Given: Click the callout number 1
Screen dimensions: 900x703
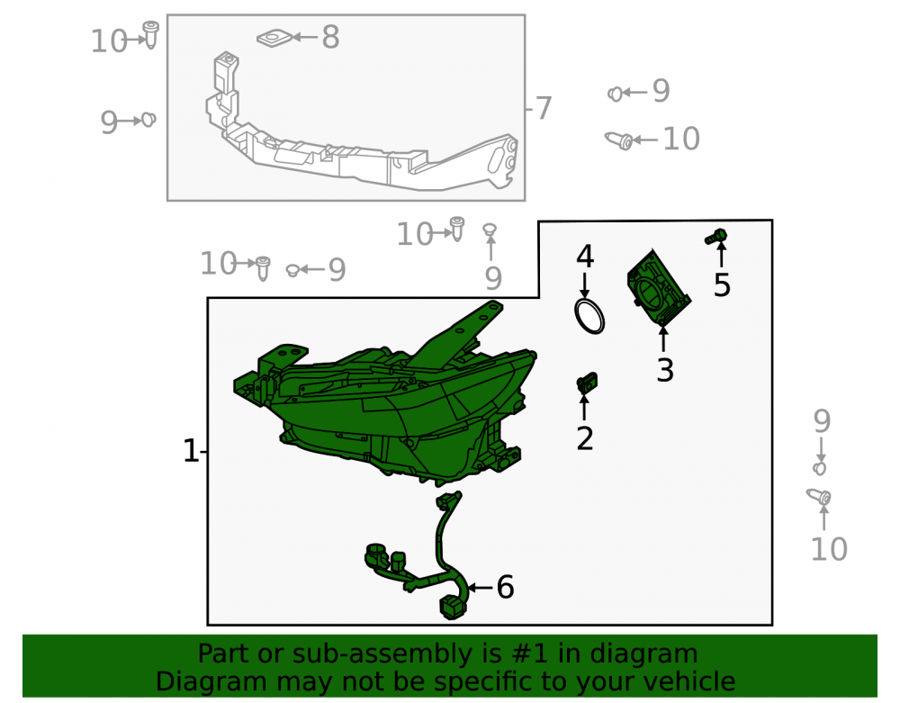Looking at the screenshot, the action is [191, 451].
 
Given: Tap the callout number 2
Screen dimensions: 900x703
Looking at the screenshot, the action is [584, 438].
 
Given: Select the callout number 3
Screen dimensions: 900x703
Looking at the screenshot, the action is [665, 370].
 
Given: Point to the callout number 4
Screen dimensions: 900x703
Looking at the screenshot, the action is [585, 257].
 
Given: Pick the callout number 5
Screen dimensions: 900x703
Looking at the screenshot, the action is [722, 285].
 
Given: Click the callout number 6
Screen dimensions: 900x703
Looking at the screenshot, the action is [505, 587].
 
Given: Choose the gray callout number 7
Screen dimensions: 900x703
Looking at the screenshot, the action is [543, 108].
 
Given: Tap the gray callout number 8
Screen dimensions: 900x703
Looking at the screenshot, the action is [330, 37].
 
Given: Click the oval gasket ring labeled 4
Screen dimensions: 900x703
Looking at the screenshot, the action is [589, 316].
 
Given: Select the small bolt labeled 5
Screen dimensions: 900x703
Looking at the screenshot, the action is [716, 236].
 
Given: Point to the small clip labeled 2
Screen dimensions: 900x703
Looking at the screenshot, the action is [587, 383].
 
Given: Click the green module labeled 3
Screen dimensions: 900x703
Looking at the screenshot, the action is [658, 287].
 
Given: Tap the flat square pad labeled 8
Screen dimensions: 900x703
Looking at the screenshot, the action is [274, 39].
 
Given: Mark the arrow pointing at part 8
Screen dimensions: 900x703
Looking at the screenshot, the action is [305, 37].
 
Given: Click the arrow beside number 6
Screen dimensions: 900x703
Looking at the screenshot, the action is [481, 588].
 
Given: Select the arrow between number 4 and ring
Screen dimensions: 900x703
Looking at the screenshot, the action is [584, 285].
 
